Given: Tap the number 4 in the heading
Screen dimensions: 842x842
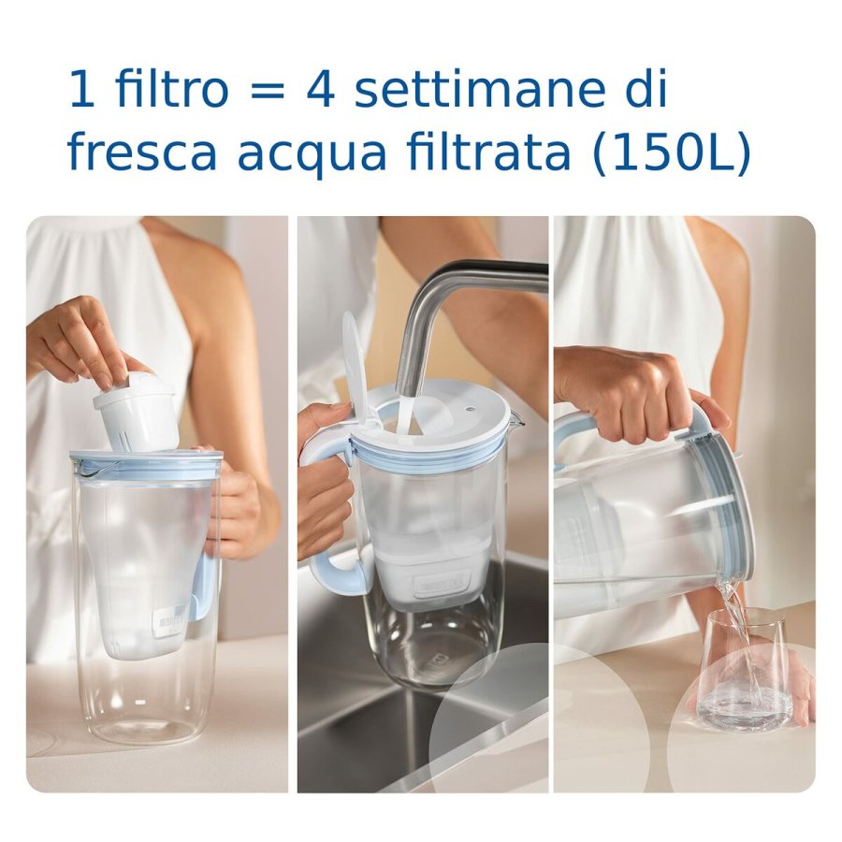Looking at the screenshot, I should click(319, 91).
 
